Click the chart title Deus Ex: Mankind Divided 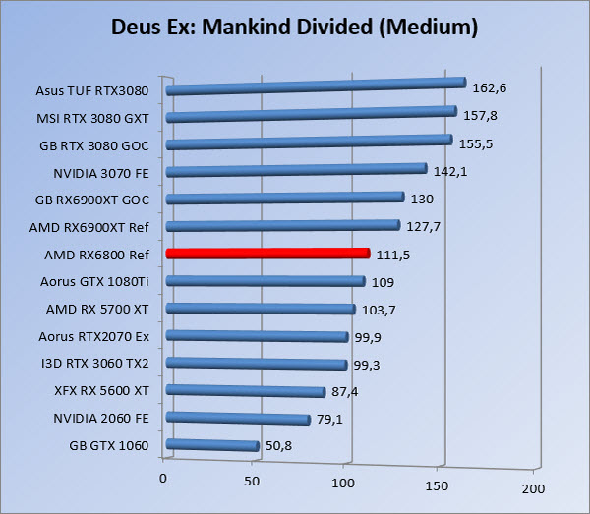coord(295,28)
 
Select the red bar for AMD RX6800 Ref coord(267,254)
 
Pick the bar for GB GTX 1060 coord(212,445)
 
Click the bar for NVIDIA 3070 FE coord(296,171)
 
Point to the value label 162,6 coord(490,88)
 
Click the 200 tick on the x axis coord(532,488)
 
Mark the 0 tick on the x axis coord(163,479)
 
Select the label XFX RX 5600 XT coord(102,390)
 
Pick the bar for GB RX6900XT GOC coord(285,199)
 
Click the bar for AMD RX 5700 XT coord(261,309)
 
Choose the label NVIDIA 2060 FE coord(102,418)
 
